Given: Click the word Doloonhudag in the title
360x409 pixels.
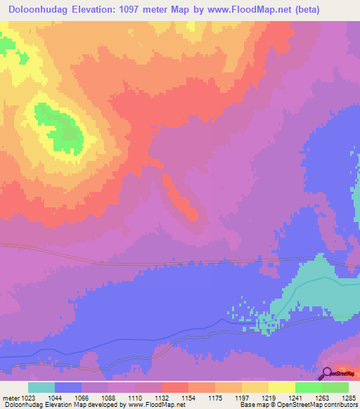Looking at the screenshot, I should (x=37, y=10).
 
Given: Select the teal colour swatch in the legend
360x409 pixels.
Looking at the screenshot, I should (x=41, y=387).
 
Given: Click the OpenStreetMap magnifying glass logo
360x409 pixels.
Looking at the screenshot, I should (x=327, y=374).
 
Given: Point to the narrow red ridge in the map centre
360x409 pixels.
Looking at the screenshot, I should (x=180, y=198).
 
